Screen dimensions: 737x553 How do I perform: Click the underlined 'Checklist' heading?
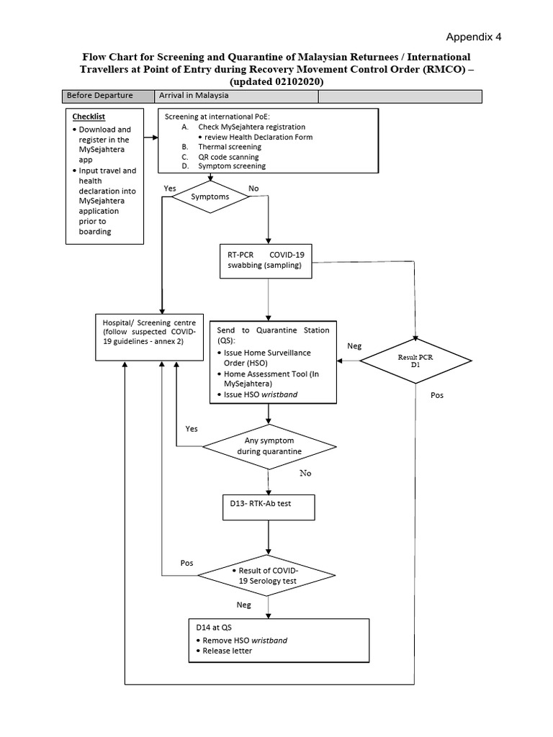88,116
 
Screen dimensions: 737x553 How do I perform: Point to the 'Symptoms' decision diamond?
210,196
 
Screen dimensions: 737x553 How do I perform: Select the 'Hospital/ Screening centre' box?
150,337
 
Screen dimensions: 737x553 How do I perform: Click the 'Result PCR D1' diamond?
415,360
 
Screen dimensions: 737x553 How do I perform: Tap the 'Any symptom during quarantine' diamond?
269,446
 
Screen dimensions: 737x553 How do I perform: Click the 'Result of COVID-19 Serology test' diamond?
267,575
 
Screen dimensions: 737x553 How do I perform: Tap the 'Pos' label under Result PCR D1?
437,396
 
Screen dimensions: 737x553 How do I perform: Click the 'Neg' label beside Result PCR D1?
354,346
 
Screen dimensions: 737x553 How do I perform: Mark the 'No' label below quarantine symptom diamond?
306,474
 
